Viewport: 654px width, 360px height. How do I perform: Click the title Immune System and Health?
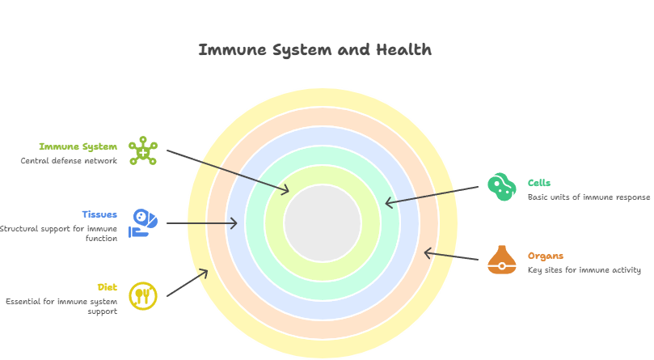pyautogui.click(x=314, y=50)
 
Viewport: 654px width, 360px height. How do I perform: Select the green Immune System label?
pyautogui.click(x=78, y=147)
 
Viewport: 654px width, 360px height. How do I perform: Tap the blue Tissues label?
pyautogui.click(x=99, y=215)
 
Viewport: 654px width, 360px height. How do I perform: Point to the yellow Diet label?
pyautogui.click(x=108, y=287)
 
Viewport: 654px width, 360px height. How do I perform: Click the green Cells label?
pyautogui.click(x=539, y=184)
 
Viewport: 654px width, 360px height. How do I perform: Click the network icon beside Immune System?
pyautogui.click(x=143, y=151)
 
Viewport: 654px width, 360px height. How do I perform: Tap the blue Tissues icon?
pyautogui.click(x=143, y=222)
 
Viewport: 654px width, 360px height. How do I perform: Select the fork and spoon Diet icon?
pyautogui.click(x=143, y=295)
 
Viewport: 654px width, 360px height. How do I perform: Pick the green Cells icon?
pyautogui.click(x=501, y=187)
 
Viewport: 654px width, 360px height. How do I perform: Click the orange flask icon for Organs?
pyautogui.click(x=501, y=260)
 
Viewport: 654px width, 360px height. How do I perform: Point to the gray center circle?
pyautogui.click(x=323, y=223)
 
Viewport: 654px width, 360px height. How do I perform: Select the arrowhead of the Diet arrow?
pyautogui.click(x=206, y=272)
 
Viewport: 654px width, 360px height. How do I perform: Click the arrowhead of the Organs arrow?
pyautogui.click(x=426, y=252)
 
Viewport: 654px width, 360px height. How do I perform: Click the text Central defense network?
pyautogui.click(x=69, y=161)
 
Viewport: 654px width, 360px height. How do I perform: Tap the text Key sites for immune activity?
pyautogui.click(x=584, y=270)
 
